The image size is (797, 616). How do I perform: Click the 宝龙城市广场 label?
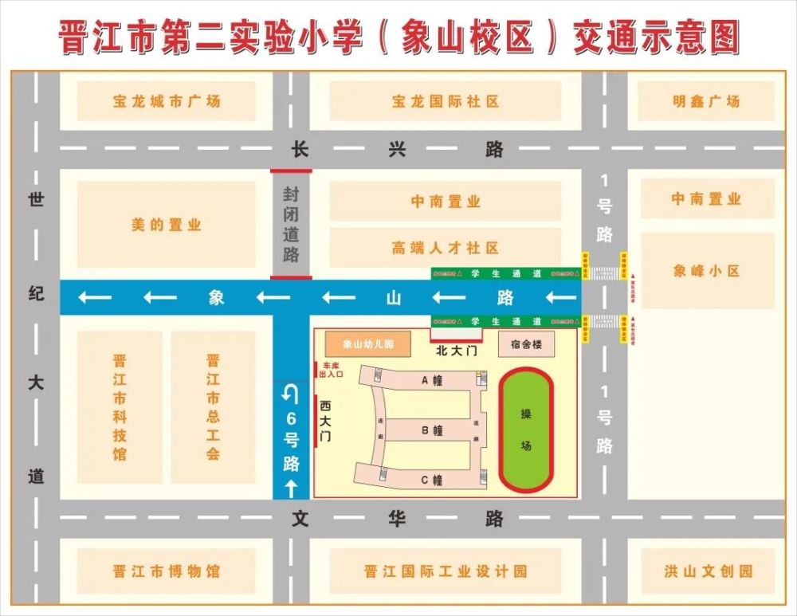(166, 101)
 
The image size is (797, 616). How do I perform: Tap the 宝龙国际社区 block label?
(446, 102)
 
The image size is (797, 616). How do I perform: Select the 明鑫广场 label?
(705, 101)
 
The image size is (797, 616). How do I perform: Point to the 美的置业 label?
(166, 226)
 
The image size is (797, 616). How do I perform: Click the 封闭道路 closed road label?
(291, 224)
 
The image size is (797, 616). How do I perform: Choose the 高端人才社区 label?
(445, 249)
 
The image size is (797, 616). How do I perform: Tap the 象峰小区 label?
(706, 271)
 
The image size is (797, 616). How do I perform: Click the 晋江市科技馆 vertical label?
(120, 407)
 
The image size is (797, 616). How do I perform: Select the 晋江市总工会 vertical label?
(212, 407)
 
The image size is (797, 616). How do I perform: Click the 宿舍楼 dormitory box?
(525, 344)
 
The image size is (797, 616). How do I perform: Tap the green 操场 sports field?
(526, 430)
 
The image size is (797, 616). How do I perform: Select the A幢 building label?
(432, 381)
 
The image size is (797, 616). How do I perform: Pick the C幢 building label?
(432, 480)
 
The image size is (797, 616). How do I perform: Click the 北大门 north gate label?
(455, 351)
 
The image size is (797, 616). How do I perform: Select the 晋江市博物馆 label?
(166, 571)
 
